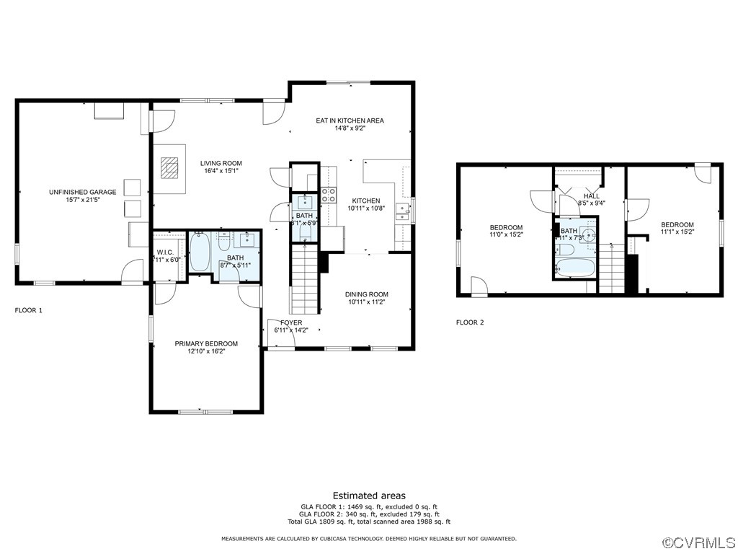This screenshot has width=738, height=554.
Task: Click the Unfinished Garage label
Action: (x=82, y=192)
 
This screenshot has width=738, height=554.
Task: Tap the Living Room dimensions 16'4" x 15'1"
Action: (x=221, y=171)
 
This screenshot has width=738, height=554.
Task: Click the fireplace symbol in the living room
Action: (x=169, y=168)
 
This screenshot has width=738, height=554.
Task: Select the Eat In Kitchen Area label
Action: (x=350, y=120)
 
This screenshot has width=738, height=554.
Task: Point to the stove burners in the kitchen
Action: (x=328, y=194)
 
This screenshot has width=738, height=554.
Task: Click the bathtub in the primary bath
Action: (x=200, y=252)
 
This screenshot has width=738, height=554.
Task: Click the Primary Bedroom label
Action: (x=206, y=343)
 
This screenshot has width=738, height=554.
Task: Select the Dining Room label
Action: (x=367, y=294)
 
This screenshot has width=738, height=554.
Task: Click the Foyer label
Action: (x=291, y=322)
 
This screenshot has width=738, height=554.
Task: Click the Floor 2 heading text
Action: (x=470, y=322)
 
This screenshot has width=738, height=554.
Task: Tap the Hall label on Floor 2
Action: (x=591, y=196)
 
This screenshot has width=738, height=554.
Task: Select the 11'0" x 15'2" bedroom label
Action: (x=506, y=228)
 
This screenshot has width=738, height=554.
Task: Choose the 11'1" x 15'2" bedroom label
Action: (x=677, y=224)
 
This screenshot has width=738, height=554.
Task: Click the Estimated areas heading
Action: (x=368, y=496)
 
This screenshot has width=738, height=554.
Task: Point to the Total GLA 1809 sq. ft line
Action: (x=368, y=522)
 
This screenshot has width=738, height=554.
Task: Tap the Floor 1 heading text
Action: (x=29, y=310)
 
